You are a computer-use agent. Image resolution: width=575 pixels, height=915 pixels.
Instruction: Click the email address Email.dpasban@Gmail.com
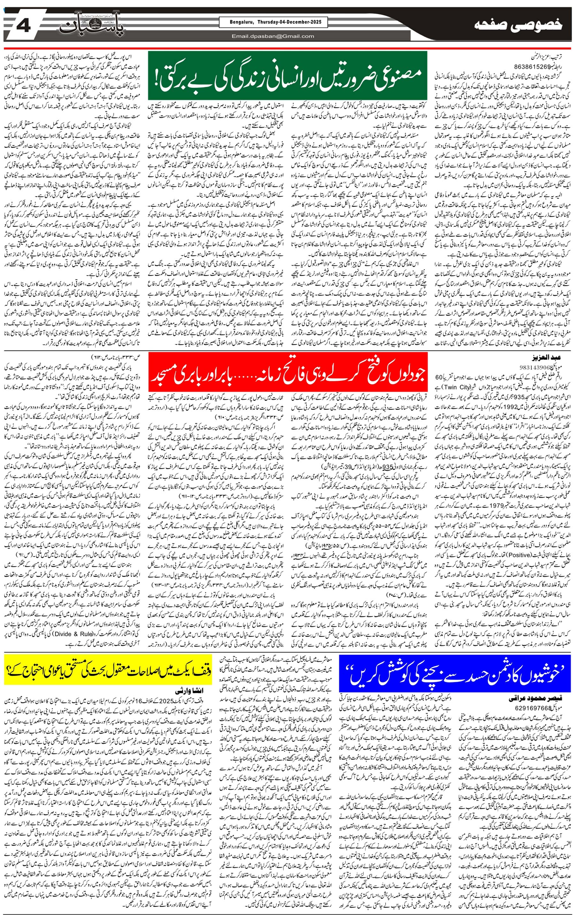(x=273, y=36)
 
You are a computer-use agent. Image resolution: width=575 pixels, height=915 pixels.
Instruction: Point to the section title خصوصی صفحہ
(x=518, y=26)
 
